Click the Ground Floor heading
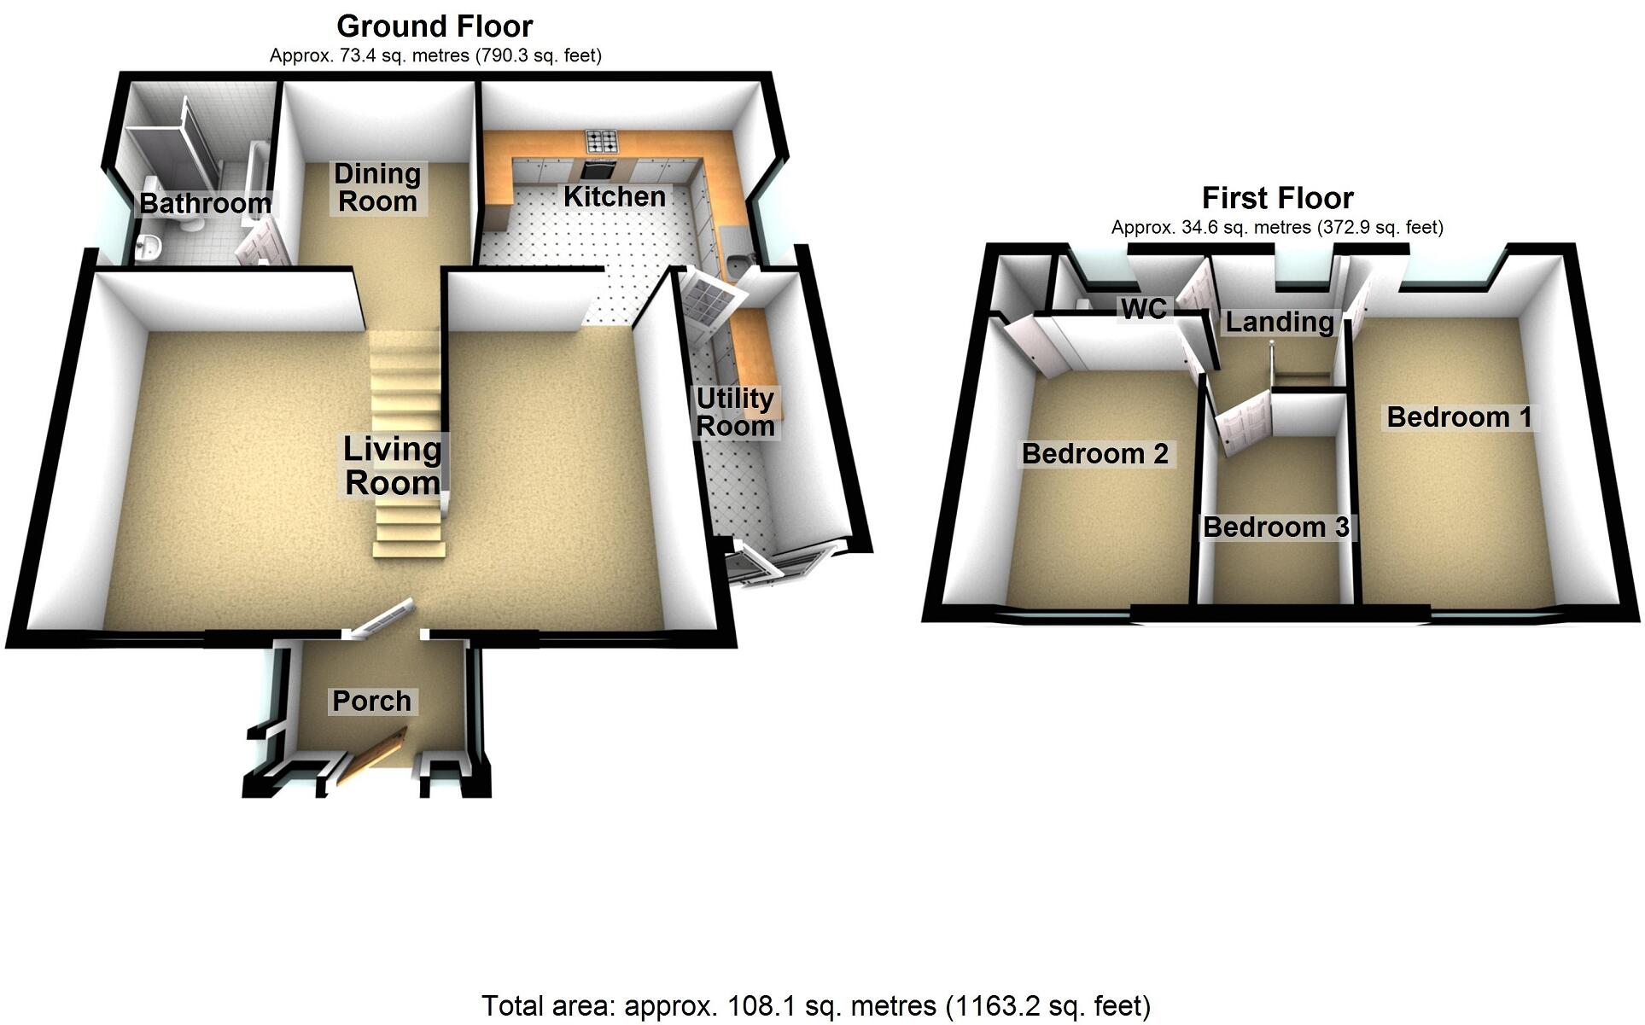coord(435,26)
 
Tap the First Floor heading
coord(1277,198)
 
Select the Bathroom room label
coord(205,203)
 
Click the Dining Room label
coord(377,188)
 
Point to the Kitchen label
coord(615,196)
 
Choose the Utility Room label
coord(735,412)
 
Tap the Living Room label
coord(393,466)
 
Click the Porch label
coord(371,701)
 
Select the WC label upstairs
coord(1143,308)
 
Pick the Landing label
coord(1279,322)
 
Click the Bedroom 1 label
coord(1459,416)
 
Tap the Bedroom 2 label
coord(1094,453)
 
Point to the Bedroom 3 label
coord(1275,527)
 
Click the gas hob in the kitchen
coord(601,140)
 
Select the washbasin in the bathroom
coord(151,247)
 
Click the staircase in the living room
coord(407,444)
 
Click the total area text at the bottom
coord(815,1006)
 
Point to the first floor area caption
coord(1277,228)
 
